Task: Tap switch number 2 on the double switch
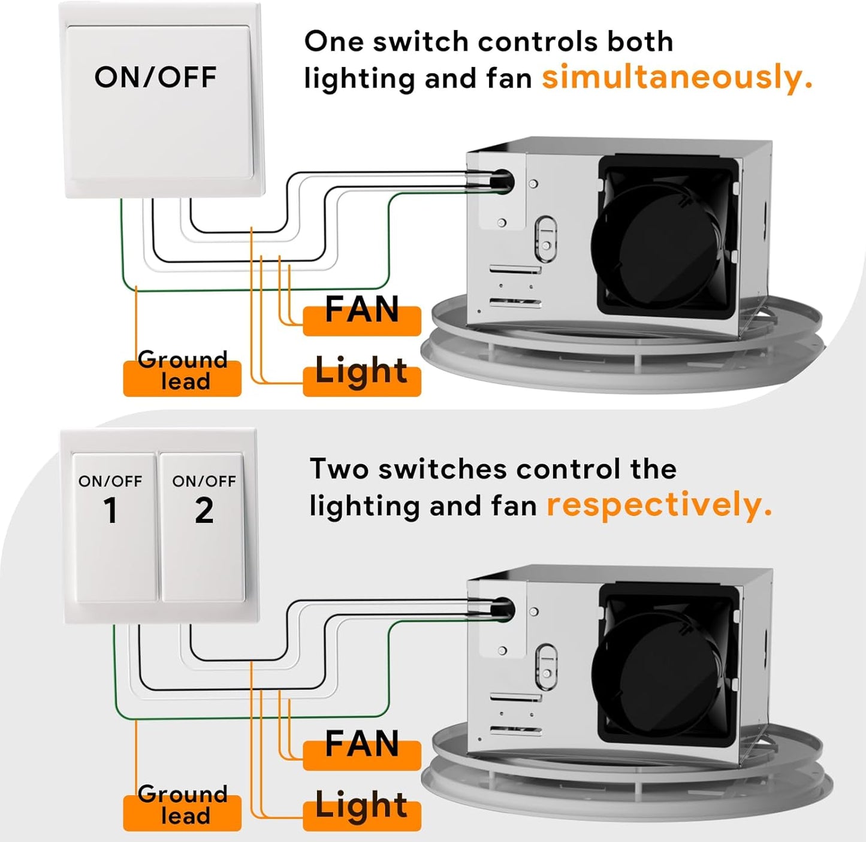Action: (203, 527)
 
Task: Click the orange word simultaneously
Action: (677, 78)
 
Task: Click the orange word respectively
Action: (659, 505)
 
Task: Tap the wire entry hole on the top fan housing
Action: (502, 178)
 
